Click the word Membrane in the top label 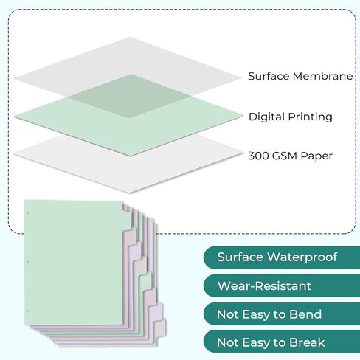pyautogui.click(x=322, y=76)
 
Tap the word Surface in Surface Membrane pyautogui.click(x=269, y=76)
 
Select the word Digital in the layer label pyautogui.click(x=266, y=117)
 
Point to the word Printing pyautogui.click(x=310, y=117)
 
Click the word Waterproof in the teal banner pyautogui.click(x=302, y=257)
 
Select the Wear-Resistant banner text pyautogui.click(x=264, y=286)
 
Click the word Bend pyautogui.click(x=305, y=314)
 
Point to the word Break pyautogui.click(x=307, y=342)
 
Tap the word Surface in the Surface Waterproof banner pyautogui.click(x=240, y=257)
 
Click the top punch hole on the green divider pyautogui.click(x=27, y=214)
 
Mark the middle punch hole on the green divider pyautogui.click(x=27, y=263)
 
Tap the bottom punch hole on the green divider pyautogui.click(x=27, y=311)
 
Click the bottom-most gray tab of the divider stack pyautogui.click(x=160, y=329)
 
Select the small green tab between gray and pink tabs pyautogui.click(x=145, y=283)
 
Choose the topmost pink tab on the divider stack pyautogui.click(x=130, y=238)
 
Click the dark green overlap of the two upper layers pyautogui.click(x=131, y=97)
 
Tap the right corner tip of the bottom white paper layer pyautogui.click(x=242, y=153)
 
